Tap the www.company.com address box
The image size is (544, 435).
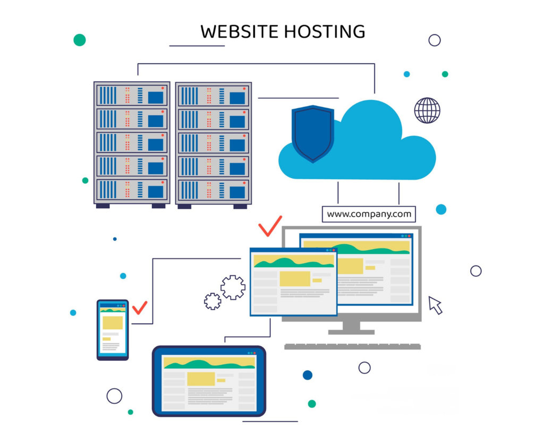369,214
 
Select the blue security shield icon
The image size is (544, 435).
312,132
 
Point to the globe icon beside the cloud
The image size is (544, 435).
427,110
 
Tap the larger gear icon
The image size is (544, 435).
233,287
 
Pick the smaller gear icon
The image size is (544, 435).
212,301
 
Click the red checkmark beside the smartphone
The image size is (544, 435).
140,308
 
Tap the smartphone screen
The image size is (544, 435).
112,329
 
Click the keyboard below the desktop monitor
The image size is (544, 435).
352,346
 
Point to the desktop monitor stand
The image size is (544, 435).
351,327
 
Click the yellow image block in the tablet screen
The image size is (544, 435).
201,378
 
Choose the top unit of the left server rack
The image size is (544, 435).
132,96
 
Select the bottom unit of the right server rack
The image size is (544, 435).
213,190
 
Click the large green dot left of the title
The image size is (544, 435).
80,40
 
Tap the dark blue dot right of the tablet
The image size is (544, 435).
308,375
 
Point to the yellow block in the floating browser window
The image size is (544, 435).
294,278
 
